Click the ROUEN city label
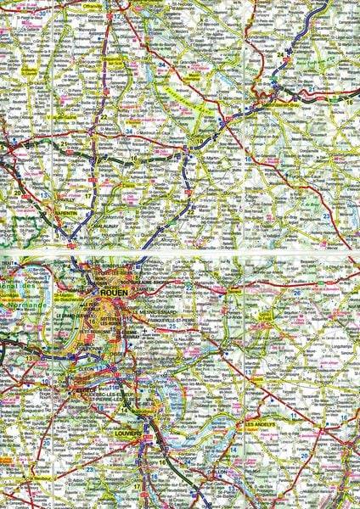click(x=113, y=293)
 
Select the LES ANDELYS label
click(x=261, y=422)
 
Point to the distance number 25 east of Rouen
click(x=172, y=327)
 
